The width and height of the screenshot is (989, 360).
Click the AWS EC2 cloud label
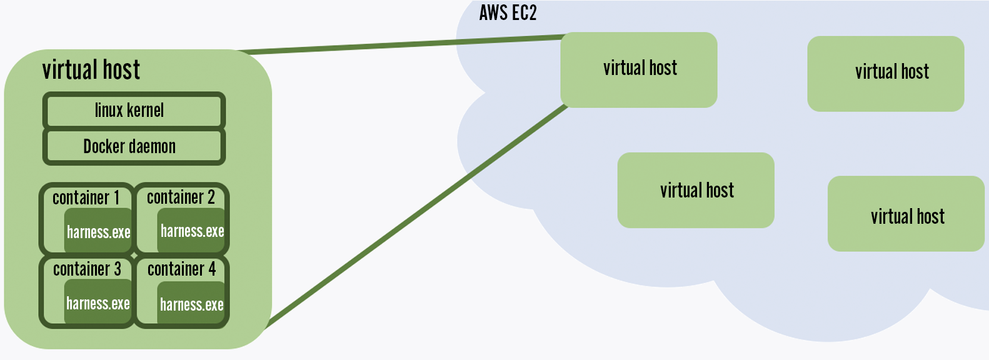pyautogui.click(x=508, y=13)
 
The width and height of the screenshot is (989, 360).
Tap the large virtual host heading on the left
pyautogui.click(x=91, y=70)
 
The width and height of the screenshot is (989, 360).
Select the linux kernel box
pyautogui.click(x=134, y=111)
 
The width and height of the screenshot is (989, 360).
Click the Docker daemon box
pyautogui.click(x=134, y=147)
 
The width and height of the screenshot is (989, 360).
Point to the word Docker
pyautogui.click(x=104, y=147)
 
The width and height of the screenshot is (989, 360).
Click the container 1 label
pyautogui.click(x=86, y=198)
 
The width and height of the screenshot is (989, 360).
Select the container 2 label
pyautogui.click(x=181, y=197)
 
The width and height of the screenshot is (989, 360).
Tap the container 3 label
pyautogui.click(x=87, y=269)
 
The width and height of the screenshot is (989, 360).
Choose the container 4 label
pyautogui.click(x=181, y=269)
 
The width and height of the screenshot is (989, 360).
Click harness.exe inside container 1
pyautogui.click(x=99, y=232)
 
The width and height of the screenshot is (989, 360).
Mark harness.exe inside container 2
pyautogui.click(x=192, y=231)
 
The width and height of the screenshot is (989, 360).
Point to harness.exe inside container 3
pyautogui.click(x=98, y=304)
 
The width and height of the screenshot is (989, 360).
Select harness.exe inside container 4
pyautogui.click(x=191, y=305)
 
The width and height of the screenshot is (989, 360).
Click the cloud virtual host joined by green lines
pyautogui.click(x=639, y=69)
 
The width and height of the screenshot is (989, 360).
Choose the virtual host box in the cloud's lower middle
pyautogui.click(x=696, y=190)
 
